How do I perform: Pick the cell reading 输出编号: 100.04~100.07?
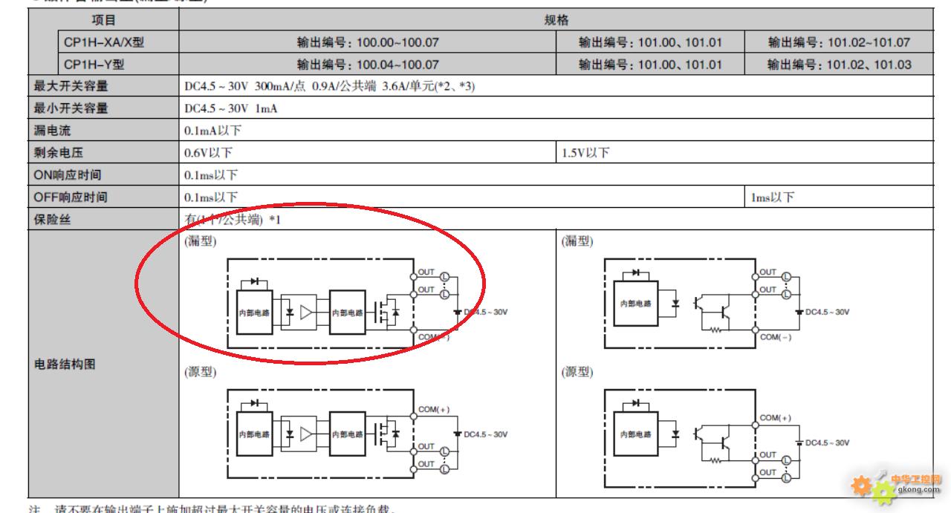(367, 65)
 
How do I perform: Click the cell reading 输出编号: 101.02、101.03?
(839, 65)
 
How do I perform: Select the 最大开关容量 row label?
(71, 86)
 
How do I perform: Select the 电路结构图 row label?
(65, 365)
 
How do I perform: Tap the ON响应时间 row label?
(68, 175)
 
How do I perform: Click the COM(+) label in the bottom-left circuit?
(434, 409)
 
